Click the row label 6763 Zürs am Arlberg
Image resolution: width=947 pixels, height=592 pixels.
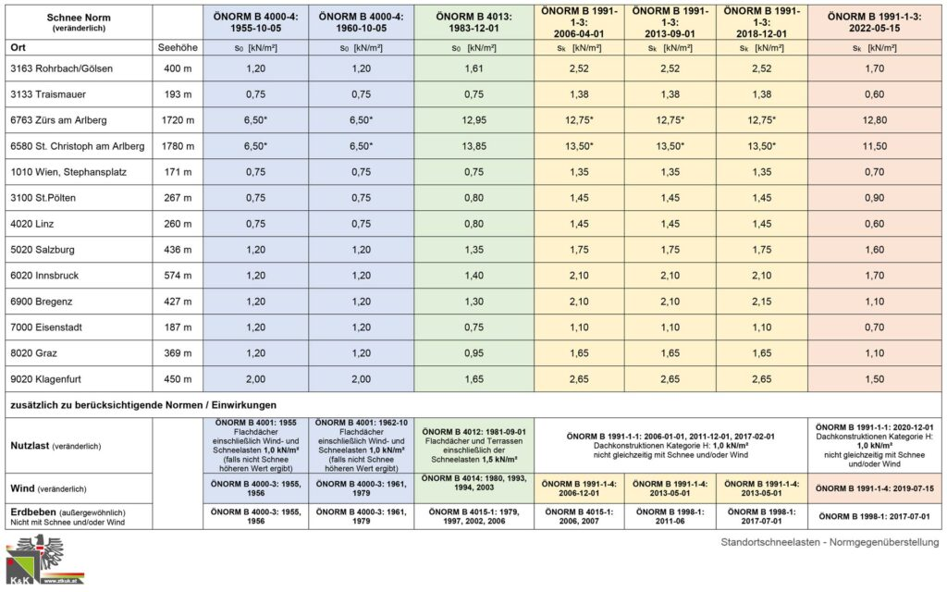pos(60,120)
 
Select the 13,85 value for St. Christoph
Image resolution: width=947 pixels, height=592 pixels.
pos(473,146)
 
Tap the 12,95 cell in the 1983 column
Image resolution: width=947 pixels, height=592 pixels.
pos(473,120)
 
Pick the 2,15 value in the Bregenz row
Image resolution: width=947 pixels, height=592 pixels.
pos(762,302)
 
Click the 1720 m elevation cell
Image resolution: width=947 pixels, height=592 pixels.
pos(177,120)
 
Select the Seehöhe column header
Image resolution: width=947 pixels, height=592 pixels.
pos(177,46)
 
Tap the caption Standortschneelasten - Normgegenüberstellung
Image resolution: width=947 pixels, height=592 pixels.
pos(830,542)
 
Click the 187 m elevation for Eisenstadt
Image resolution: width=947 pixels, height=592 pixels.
pos(177,327)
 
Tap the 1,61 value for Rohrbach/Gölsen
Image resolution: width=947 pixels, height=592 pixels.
pos(473,68)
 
